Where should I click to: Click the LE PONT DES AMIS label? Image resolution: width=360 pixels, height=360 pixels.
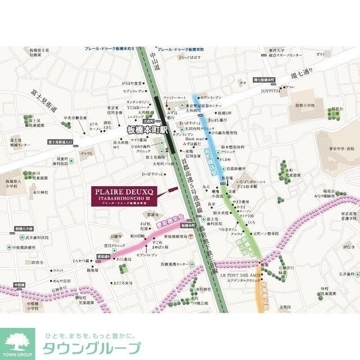[x=241, y=275]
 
